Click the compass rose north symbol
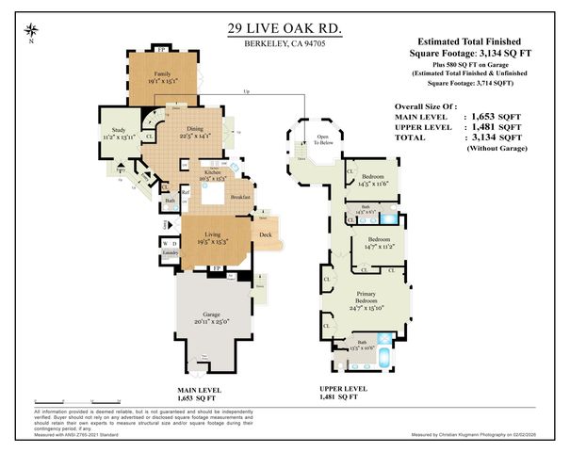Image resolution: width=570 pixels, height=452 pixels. pos(32,31)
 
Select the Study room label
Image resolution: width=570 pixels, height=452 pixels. pos(118,132)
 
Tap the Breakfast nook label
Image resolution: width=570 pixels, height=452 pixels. pos(239,197)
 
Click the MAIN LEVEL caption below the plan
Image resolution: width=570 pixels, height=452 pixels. pos(201,388)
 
